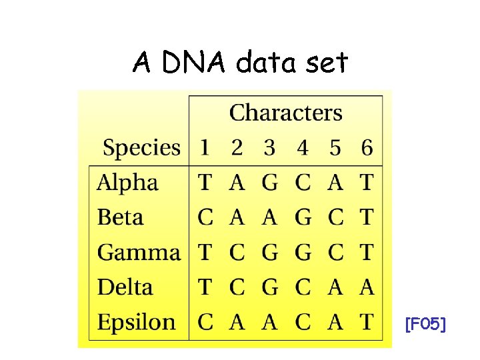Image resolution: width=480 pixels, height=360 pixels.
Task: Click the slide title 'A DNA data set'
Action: (x=240, y=63)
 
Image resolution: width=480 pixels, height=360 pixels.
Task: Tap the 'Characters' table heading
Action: (x=285, y=113)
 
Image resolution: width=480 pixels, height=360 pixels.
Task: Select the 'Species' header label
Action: (x=141, y=147)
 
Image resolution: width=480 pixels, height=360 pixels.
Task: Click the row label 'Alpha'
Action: (x=127, y=183)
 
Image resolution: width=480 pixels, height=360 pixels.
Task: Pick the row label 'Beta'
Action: (x=120, y=217)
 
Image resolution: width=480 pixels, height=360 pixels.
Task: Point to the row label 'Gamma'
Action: (x=139, y=253)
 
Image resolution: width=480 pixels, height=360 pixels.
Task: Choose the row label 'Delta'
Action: (x=125, y=287)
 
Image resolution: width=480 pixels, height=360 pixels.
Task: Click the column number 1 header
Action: (x=205, y=148)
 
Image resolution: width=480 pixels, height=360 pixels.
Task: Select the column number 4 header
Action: (x=303, y=148)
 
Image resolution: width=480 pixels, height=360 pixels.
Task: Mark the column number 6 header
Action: (x=367, y=148)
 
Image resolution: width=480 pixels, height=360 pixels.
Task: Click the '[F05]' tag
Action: (x=425, y=325)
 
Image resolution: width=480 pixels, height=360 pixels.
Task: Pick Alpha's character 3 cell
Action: (x=269, y=183)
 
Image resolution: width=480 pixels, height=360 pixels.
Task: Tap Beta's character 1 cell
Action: (x=205, y=217)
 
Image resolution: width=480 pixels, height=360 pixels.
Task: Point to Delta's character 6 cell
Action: (x=367, y=287)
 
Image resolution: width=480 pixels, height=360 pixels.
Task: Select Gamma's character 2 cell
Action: (x=237, y=253)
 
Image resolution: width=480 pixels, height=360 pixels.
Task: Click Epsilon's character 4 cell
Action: (x=303, y=323)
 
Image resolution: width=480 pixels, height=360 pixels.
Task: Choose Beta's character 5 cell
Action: (x=335, y=217)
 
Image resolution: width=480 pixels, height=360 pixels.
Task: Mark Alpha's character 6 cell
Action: (x=367, y=183)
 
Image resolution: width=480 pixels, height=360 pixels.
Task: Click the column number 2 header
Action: (x=237, y=148)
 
